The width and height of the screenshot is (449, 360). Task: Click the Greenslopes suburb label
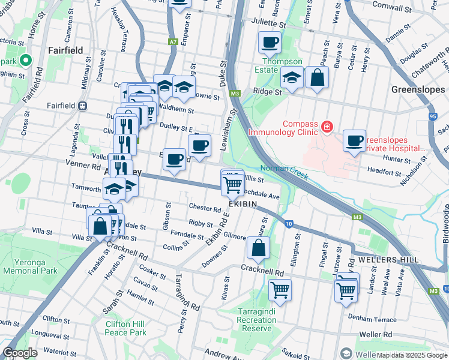click(418, 89)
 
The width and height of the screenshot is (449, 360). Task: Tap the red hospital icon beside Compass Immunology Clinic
click(327, 127)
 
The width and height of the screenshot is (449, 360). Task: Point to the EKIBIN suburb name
click(243, 205)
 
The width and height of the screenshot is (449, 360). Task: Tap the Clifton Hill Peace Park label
click(125, 328)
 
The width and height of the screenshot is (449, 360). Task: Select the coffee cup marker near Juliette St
click(270, 43)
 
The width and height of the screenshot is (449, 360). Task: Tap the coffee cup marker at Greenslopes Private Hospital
click(355, 141)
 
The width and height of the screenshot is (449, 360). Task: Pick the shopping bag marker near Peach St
click(317, 77)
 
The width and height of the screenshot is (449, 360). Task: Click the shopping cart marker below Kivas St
click(280, 290)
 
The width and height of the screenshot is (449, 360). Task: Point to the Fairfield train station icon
click(82, 106)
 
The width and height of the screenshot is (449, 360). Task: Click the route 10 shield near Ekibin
click(289, 224)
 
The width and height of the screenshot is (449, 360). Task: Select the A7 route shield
click(173, 42)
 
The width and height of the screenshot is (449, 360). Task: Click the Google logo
click(20, 353)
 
